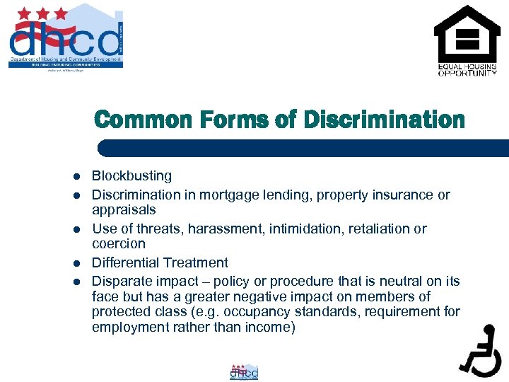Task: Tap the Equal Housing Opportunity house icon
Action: tap(466, 35)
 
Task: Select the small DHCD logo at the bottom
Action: tap(244, 372)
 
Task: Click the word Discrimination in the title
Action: tap(384, 120)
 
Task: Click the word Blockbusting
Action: tap(131, 175)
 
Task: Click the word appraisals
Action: tap(124, 210)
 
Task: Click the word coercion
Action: tap(118, 244)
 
